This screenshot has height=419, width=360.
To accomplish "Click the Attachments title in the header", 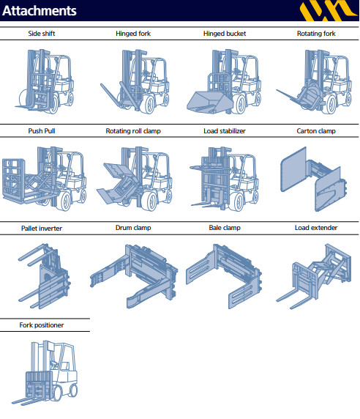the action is pos(40,10).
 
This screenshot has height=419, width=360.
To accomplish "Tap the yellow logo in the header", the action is pos(329,10).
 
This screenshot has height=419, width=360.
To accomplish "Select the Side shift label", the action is pos(42,34).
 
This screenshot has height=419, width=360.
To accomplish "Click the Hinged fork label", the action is pos(133,34).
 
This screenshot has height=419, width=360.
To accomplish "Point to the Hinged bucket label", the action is pos(225,34).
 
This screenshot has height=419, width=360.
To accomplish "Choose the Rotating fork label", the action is pos(316,34).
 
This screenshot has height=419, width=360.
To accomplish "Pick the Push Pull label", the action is pos(42,131).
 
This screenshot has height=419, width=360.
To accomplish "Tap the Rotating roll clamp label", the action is pos(133,131).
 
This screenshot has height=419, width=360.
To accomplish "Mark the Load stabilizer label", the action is pos(225,131).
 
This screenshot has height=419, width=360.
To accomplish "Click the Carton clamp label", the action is pos(316,131).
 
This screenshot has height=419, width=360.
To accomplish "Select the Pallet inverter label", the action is pos(42,229).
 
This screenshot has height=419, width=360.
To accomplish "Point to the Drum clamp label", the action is pos(133,228).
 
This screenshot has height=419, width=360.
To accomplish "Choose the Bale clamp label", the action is pos(225,228).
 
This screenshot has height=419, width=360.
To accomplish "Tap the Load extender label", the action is pos(316,228).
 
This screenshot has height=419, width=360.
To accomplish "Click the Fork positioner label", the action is pos(42,325).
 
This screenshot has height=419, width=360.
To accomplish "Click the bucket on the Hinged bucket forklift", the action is pos(209,102).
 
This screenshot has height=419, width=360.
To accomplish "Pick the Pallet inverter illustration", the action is pos(45,276).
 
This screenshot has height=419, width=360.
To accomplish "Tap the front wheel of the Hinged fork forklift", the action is pos(149,104).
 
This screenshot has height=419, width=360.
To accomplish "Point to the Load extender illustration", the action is pos(314,276).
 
